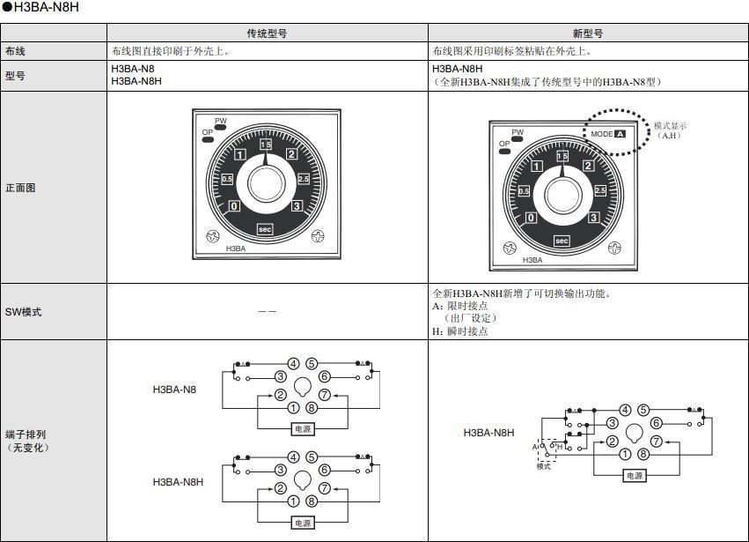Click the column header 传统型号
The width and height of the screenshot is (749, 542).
point(267,33)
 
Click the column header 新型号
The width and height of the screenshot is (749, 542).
point(588,33)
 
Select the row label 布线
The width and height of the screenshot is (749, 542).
point(16,52)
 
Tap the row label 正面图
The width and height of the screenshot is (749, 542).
point(21,188)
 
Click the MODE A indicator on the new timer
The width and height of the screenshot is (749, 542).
point(608,134)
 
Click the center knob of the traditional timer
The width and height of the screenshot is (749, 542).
point(266,182)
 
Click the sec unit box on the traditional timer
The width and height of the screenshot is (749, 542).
point(266,229)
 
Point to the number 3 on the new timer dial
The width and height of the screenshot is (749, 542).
point(594,218)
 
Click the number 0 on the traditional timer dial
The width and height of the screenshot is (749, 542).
point(234,206)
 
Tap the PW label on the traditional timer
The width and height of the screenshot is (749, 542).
point(221,121)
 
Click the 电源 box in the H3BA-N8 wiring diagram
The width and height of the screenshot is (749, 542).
point(302,429)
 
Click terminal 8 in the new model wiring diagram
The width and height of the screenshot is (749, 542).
point(643,454)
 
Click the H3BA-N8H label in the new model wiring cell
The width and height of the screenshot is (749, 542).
point(488,433)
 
